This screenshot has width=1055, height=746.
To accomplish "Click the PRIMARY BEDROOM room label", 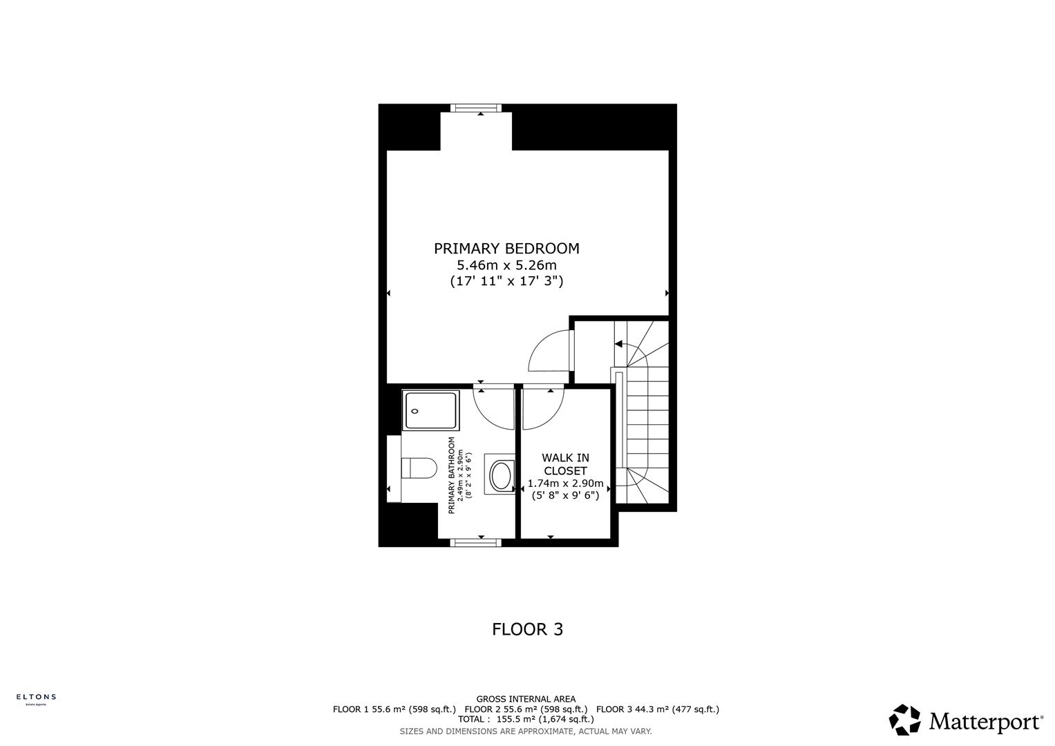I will coord(506,249).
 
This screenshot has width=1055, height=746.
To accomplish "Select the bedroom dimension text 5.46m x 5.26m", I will coord(506,265).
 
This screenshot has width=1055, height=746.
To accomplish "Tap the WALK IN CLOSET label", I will coord(565,464).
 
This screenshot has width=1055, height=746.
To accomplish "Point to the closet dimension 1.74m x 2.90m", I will coord(565,484).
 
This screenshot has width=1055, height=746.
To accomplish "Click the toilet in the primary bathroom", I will coord(419,468).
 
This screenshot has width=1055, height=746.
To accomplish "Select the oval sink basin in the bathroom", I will coord(500,475).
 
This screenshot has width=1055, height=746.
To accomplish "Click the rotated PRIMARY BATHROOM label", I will coord(452,475).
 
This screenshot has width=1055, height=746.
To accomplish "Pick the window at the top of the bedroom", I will coord(475,108).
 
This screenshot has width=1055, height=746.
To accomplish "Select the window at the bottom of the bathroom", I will coord(475,543).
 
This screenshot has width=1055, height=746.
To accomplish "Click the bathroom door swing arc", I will coord(492,408).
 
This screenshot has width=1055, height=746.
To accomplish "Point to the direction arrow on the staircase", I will coord(619,344).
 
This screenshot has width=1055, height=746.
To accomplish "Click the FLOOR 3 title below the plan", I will coord(527,629).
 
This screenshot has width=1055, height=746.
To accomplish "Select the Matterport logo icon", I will coord(904,720).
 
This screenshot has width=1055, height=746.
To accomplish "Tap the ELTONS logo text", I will coord(36,697).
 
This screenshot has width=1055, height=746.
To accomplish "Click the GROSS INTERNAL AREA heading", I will coord(526,699).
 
